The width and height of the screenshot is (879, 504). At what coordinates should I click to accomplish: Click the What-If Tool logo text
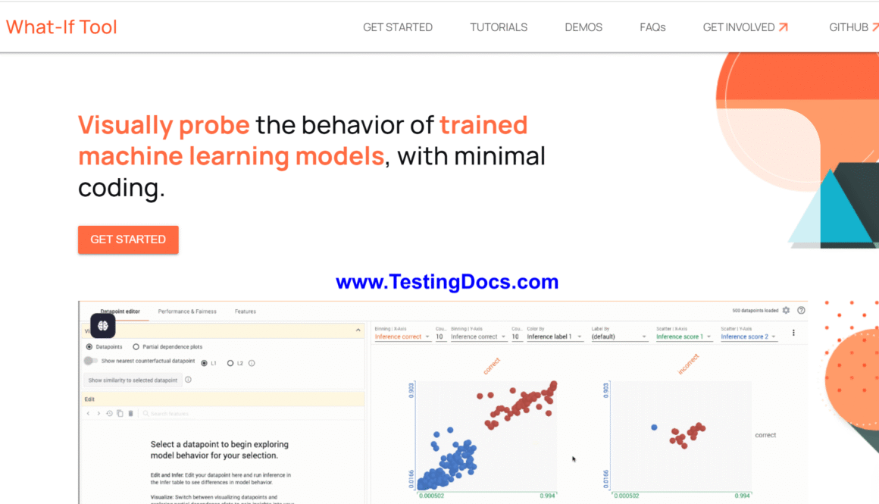(x=62, y=27)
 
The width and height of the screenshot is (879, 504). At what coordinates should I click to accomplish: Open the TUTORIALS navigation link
(x=499, y=27)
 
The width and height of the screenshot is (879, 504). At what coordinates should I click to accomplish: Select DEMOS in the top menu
(x=583, y=27)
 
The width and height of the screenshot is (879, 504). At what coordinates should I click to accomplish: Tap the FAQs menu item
(x=652, y=27)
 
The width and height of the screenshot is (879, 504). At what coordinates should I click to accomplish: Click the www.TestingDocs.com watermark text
(x=447, y=283)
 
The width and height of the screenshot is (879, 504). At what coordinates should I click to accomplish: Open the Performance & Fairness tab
(x=187, y=311)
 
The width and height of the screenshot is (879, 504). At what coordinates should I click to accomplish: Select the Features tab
(x=246, y=311)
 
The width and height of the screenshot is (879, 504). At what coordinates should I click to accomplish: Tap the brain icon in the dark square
(x=103, y=326)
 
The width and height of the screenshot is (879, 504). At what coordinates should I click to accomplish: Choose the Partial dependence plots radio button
(x=136, y=347)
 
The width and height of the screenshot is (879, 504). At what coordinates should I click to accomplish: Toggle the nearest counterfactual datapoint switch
(x=91, y=362)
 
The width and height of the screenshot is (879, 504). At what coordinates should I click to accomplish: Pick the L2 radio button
(x=230, y=363)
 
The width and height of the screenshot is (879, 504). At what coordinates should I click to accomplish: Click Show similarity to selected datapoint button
(x=133, y=380)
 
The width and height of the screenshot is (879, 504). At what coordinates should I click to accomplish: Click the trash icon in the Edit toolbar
(x=130, y=414)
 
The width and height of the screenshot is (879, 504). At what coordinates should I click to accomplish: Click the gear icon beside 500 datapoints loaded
(x=787, y=311)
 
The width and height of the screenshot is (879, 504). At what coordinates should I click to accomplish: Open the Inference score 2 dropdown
(x=749, y=337)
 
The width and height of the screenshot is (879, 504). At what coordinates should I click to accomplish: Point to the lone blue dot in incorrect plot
(x=654, y=427)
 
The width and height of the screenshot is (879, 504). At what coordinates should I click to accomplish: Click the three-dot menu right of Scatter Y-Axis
(x=793, y=333)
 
